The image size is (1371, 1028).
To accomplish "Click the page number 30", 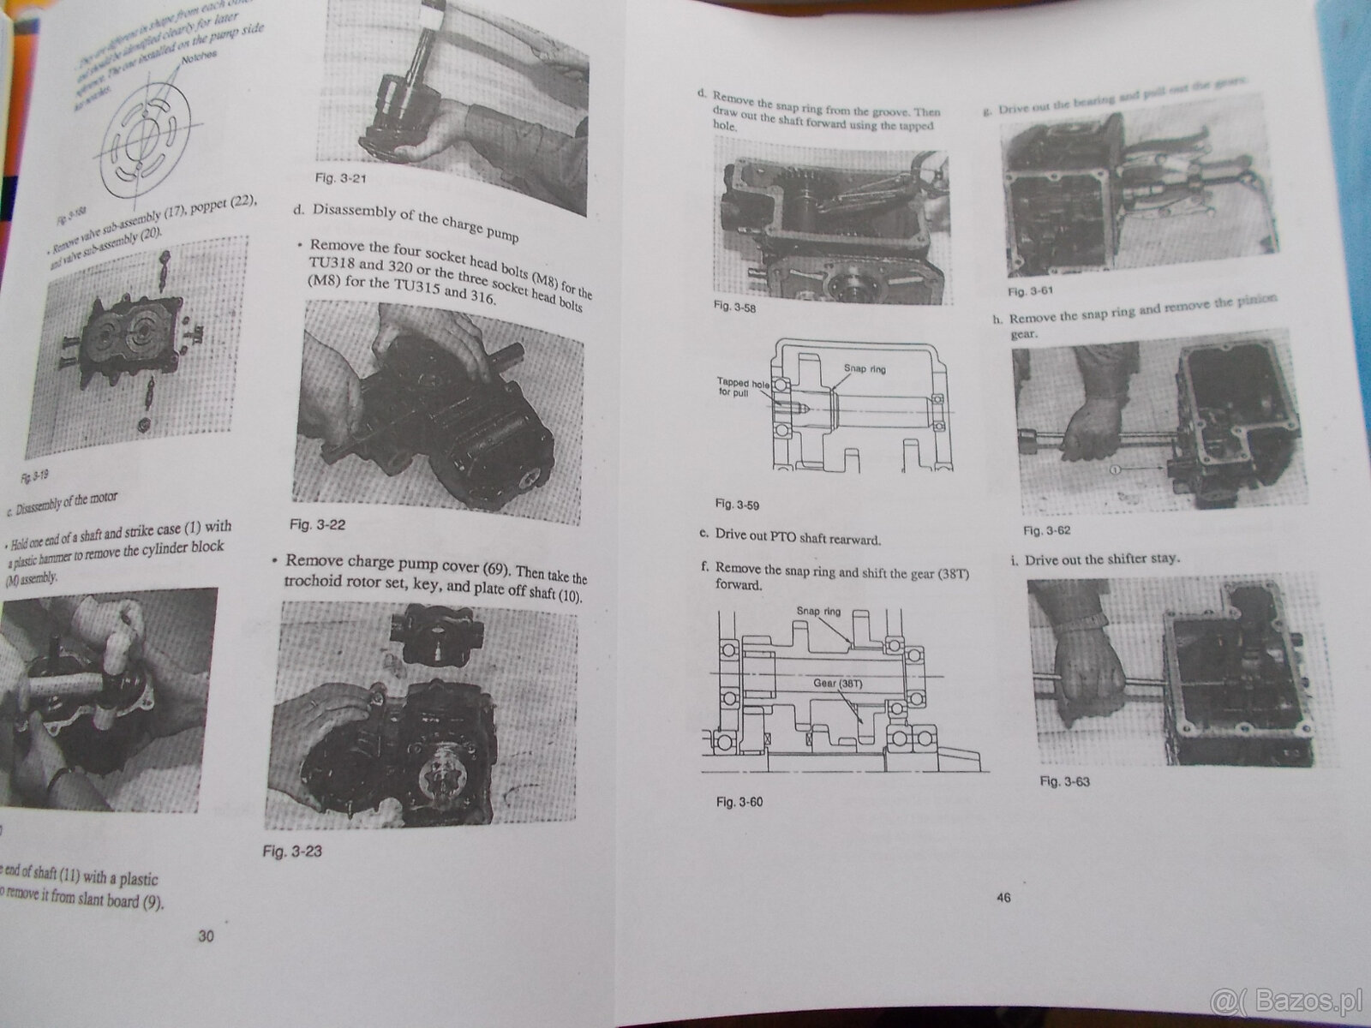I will (206, 936).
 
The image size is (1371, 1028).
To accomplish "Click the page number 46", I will (1003, 898).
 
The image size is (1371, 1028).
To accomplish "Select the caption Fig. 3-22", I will (317, 524).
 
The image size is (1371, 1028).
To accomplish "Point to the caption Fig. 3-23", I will (293, 852).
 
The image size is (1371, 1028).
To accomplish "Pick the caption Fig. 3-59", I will (737, 504).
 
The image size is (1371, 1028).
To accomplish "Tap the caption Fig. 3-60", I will (738, 802).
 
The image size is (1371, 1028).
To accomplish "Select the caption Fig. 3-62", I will (1046, 530).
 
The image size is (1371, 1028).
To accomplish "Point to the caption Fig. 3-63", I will (1064, 781).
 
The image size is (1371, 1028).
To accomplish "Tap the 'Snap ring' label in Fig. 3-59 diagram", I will (865, 368).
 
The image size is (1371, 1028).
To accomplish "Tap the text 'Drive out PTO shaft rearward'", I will (791, 539).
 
